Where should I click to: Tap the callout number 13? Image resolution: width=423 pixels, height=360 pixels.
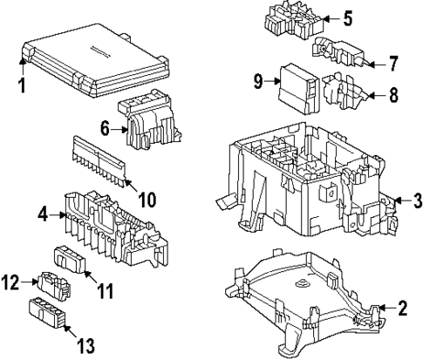86,345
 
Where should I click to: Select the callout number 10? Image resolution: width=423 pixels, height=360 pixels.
147,200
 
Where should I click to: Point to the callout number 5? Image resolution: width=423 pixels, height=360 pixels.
347,18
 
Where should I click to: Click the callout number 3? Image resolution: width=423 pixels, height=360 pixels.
417,200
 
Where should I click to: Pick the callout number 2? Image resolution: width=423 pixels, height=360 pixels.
402,309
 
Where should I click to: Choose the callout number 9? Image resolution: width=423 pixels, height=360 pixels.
258,81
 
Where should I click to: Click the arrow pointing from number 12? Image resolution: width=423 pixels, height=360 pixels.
29,282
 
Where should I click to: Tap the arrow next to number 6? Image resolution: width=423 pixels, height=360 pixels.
119,130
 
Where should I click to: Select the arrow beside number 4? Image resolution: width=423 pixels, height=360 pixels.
57,215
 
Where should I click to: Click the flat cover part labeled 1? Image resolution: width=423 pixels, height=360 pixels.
95,60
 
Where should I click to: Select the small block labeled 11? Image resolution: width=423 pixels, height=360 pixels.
70,260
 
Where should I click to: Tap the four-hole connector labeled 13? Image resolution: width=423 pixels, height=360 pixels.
47,314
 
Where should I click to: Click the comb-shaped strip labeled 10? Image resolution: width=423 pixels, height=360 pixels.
99,161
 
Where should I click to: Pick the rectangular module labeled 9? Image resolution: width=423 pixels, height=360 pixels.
299,88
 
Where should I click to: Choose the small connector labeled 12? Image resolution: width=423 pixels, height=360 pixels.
54,286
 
